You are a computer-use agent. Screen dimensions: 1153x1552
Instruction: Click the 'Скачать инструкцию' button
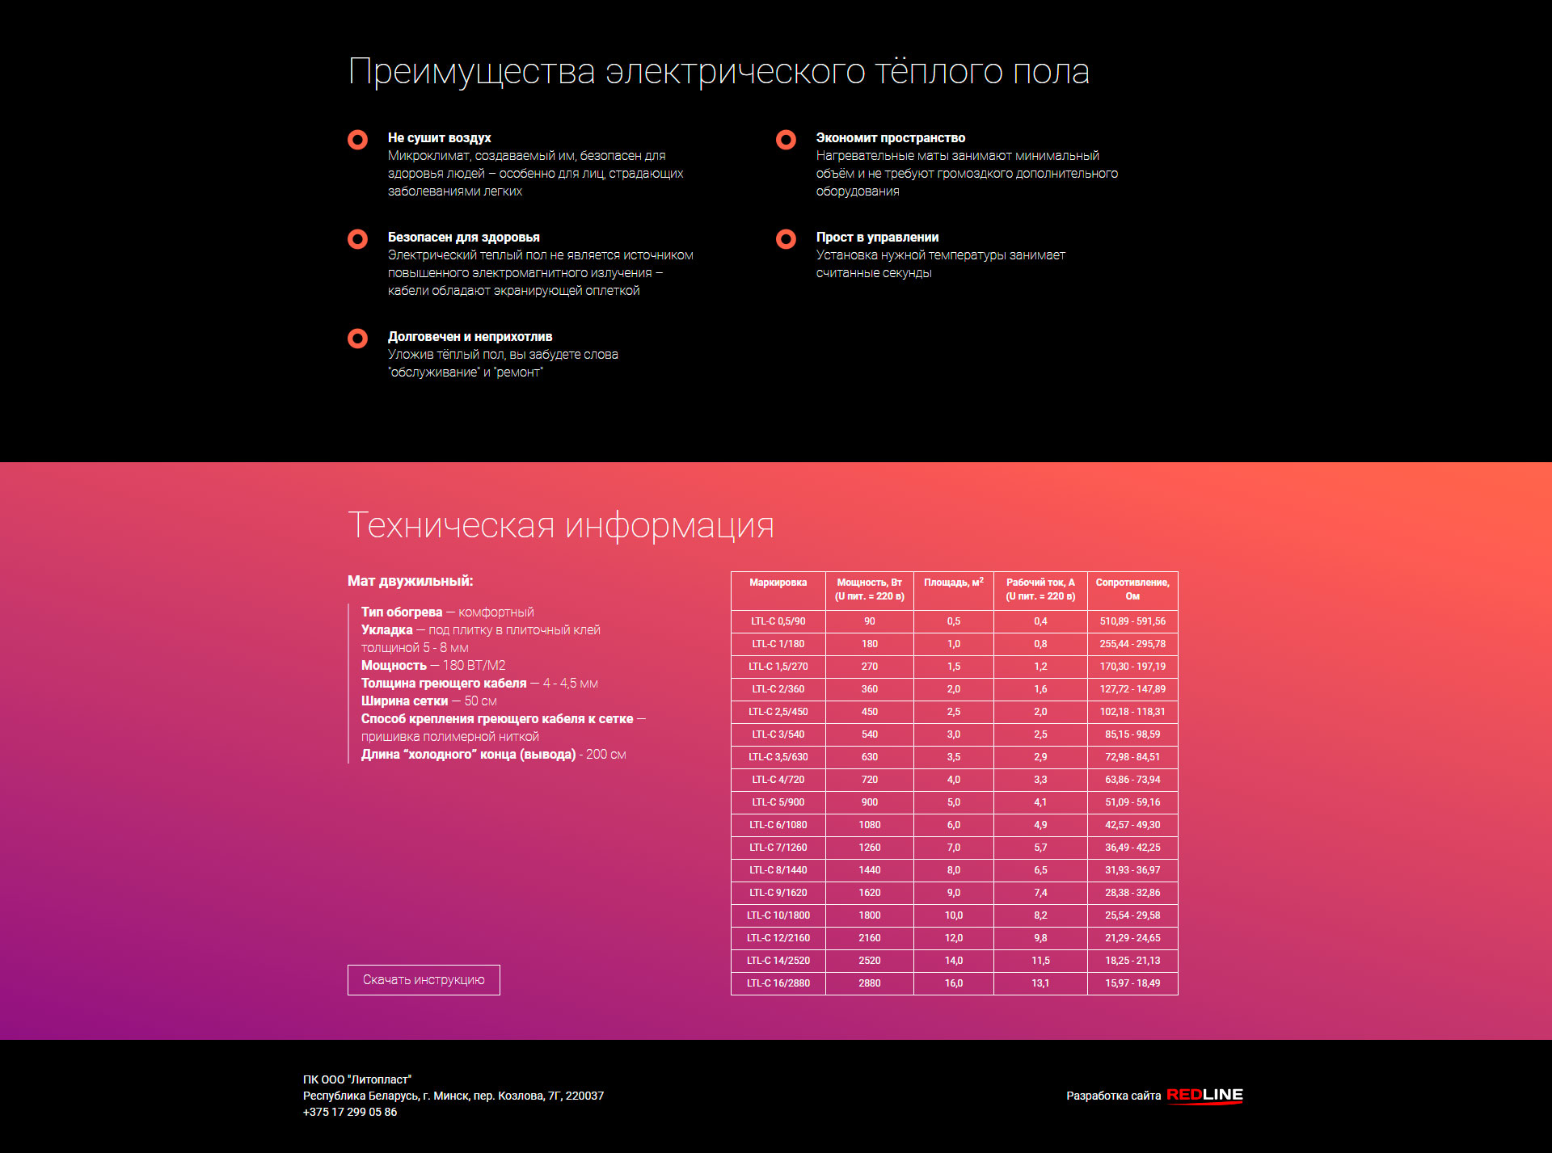click(424, 980)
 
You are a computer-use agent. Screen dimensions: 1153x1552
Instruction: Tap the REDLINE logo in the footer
click(1204, 1095)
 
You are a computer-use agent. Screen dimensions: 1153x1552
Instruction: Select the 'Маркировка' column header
click(778, 583)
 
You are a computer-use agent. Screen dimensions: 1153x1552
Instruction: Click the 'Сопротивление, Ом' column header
click(1132, 589)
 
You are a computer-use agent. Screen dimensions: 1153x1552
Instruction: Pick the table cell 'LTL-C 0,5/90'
click(778, 621)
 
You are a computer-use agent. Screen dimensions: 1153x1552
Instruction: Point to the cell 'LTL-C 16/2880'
click(778, 983)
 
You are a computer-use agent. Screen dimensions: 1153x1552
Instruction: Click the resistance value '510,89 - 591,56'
click(1132, 621)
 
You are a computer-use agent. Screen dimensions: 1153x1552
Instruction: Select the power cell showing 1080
click(870, 825)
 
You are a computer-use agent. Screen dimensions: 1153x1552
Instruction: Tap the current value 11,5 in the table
click(1040, 961)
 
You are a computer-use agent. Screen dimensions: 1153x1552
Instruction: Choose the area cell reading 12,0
click(954, 938)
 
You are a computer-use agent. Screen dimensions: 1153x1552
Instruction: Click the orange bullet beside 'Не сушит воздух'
click(357, 140)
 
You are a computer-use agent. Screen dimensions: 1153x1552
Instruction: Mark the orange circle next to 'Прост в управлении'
click(786, 239)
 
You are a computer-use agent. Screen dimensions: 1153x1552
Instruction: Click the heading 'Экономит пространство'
click(890, 138)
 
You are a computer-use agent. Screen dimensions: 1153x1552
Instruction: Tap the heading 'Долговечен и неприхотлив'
click(470, 337)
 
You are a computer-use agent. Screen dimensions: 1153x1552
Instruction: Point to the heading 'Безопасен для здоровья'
click(463, 238)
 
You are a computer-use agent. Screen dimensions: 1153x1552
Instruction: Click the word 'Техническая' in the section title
click(451, 525)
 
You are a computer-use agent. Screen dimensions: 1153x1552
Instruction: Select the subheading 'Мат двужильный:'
click(410, 581)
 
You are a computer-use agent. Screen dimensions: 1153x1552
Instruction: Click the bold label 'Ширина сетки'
click(404, 701)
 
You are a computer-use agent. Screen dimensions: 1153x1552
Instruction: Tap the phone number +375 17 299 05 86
click(350, 1112)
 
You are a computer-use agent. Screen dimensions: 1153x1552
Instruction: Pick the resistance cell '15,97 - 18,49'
click(1132, 983)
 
